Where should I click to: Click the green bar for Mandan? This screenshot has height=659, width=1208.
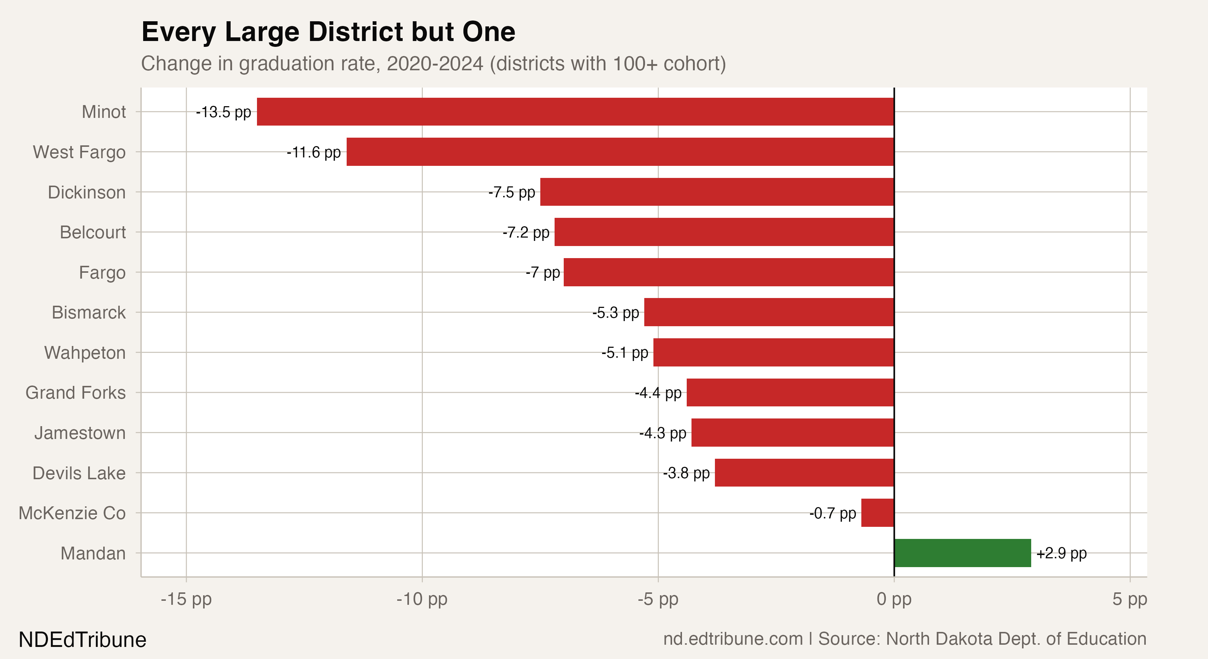tap(962, 553)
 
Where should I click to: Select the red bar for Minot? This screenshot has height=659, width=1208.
tap(575, 112)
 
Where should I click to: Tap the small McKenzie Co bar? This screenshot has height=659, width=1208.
tap(877, 513)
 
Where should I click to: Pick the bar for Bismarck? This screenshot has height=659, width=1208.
tap(769, 312)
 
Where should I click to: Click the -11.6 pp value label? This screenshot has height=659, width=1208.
tap(314, 152)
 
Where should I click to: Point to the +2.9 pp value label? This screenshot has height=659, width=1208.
tap(1061, 554)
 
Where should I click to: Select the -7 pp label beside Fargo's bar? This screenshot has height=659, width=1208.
tap(543, 272)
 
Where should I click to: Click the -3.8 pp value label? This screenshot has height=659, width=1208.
tap(686, 473)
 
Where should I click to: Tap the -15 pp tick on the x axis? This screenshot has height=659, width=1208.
tap(186, 599)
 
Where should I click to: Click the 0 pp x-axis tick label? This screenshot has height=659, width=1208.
tap(894, 599)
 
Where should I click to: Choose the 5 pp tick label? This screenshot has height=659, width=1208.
tap(1130, 599)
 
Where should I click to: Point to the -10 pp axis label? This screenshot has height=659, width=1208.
tap(422, 599)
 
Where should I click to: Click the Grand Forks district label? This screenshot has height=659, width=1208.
tap(75, 392)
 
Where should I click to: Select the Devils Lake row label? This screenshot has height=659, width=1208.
tap(79, 473)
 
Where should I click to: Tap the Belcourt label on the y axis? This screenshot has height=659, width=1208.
tap(93, 232)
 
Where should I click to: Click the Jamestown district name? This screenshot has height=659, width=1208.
tap(80, 432)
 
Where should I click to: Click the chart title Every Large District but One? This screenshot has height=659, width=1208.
tap(328, 32)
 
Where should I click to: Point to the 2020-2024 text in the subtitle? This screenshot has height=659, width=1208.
tap(435, 64)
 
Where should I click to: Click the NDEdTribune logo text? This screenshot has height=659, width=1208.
tap(82, 640)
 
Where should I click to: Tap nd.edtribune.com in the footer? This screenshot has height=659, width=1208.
tap(732, 639)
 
